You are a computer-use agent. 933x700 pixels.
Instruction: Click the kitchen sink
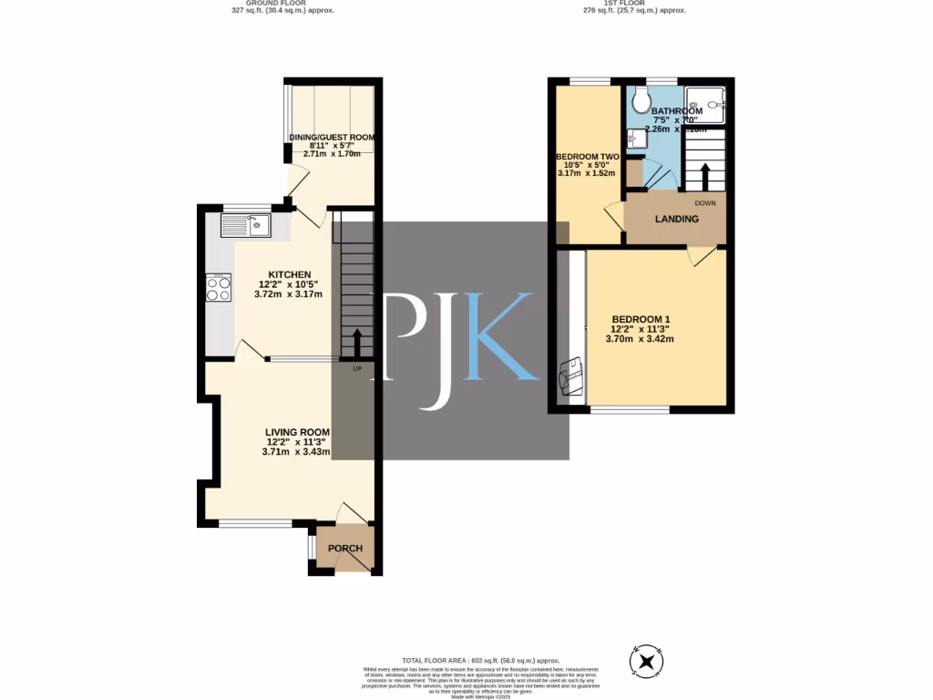pos(245,224)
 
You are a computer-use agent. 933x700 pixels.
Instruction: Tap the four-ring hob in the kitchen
pos(219,288)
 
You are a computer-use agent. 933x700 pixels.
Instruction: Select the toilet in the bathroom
pos(641,100)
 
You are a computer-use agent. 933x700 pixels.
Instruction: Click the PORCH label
pos(345,548)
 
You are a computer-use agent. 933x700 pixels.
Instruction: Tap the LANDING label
pos(676,219)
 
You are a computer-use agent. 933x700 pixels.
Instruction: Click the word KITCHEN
pos(289,274)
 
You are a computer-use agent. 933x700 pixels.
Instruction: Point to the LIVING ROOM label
pos(297,432)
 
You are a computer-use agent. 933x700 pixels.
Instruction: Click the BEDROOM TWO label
pos(588,157)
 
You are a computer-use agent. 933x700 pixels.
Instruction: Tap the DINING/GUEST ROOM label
pos(332,138)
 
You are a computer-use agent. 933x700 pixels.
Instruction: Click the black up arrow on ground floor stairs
pos(356,343)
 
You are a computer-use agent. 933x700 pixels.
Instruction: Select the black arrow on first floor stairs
pos(703,171)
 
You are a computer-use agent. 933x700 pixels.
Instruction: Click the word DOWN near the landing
pos(705,202)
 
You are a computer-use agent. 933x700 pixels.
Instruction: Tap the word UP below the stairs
pos(357,368)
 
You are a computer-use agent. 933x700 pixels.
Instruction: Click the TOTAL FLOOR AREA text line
pos(480,660)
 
